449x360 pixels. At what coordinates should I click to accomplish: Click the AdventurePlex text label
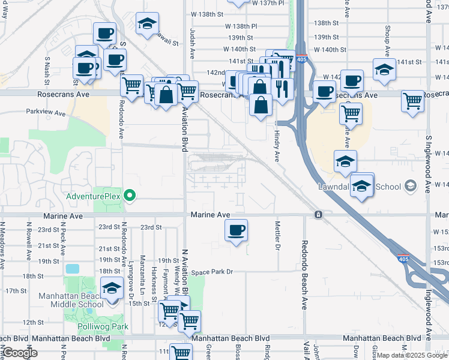pyautogui.click(x=93, y=196)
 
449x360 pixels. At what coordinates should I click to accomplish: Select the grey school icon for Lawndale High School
pyautogui.click(x=411, y=186)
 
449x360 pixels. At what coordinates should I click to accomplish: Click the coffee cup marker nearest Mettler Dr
pyautogui.click(x=237, y=230)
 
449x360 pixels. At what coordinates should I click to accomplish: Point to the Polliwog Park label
pyautogui.click(x=103, y=327)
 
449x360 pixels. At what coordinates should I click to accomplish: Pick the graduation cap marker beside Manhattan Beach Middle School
pyautogui.click(x=112, y=289)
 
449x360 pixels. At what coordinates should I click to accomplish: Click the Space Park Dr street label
pyautogui.click(x=212, y=272)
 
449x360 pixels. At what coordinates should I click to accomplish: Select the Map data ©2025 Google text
pyautogui.click(x=412, y=355)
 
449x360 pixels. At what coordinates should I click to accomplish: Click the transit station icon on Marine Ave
pyautogui.click(x=318, y=214)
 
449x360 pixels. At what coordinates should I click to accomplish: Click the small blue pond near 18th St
pyautogui.click(x=73, y=268)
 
